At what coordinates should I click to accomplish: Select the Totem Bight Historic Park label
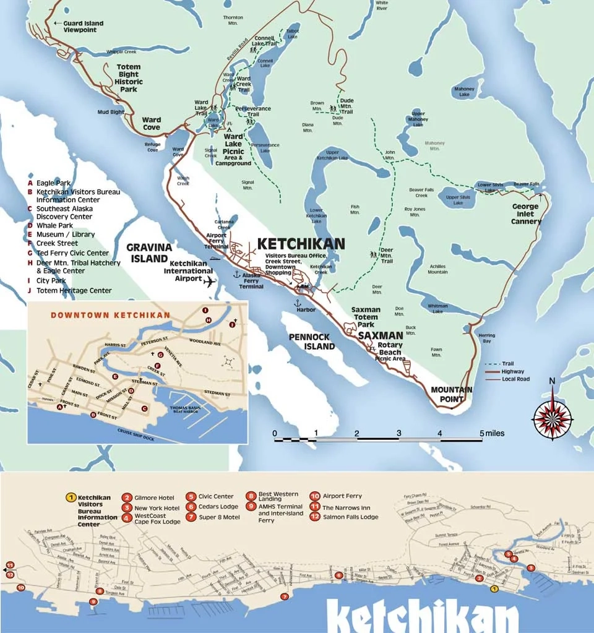pyautogui.click(x=129, y=78)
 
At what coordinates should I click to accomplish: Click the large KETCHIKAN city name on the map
pyautogui.click(x=301, y=244)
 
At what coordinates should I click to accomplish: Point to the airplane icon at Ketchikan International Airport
pyautogui.click(x=210, y=282)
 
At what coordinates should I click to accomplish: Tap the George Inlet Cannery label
pyautogui.click(x=527, y=213)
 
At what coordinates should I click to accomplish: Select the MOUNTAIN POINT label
pyautogui.click(x=452, y=394)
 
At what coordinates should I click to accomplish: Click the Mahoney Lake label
pyautogui.click(x=464, y=92)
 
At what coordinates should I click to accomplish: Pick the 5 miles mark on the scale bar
pyautogui.click(x=482, y=433)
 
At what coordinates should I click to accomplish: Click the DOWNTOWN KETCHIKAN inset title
pyautogui.click(x=111, y=315)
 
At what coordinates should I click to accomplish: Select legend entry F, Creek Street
pyautogui.click(x=56, y=244)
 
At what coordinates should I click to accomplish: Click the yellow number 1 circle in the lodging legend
pyautogui.click(x=71, y=497)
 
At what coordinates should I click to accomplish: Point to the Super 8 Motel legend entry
pyautogui.click(x=219, y=517)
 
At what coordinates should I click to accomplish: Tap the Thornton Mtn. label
pyautogui.click(x=233, y=20)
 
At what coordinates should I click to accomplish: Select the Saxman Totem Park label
pyautogui.click(x=366, y=317)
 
